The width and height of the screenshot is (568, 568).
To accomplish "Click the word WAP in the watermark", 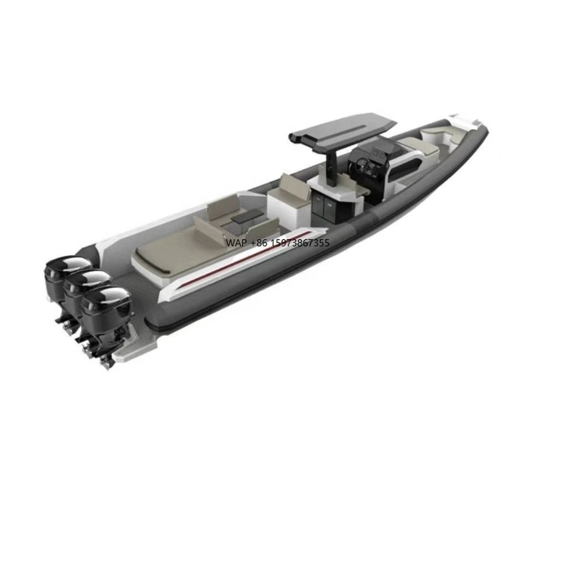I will click(235, 243).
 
